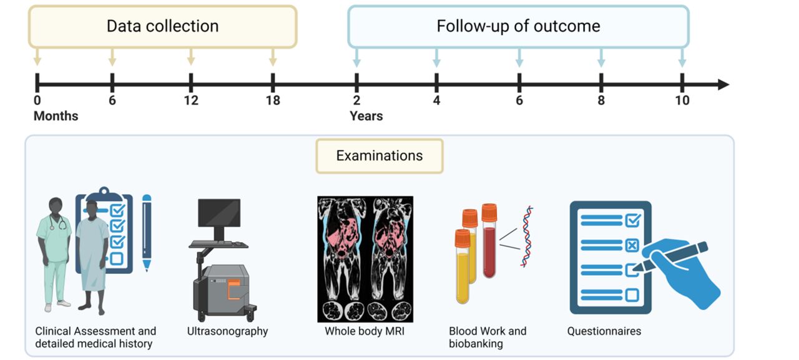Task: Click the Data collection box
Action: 162,26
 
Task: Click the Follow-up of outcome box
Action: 518,26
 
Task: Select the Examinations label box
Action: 380,156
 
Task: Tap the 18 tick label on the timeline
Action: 272,100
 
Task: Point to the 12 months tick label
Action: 190,100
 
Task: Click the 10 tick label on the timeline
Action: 682,100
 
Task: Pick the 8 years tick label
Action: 600,100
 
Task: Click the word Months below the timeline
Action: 56,116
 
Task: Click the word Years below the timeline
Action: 366,116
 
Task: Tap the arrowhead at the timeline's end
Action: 723,84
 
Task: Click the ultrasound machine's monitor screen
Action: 219,213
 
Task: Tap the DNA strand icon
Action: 527,236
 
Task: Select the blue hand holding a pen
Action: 684,271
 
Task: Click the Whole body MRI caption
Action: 365,331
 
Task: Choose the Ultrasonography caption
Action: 227,331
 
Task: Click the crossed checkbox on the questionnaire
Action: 632,245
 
